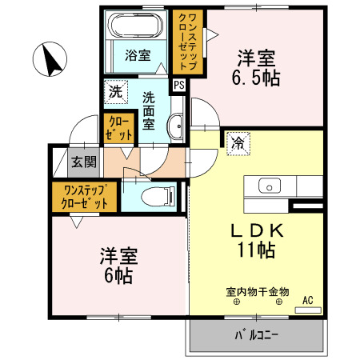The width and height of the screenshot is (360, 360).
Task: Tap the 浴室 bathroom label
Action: click(138, 55)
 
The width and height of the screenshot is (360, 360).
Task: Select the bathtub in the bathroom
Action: click(137, 27)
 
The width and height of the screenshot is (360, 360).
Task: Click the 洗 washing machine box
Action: click(117, 91)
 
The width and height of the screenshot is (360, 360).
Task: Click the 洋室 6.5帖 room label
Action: click(256, 69)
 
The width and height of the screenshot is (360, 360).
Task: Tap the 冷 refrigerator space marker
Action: click(238, 144)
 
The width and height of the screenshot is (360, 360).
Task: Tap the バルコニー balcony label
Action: click(256, 335)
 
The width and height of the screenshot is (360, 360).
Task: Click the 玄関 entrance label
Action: click(83, 162)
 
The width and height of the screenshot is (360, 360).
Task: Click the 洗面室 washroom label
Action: click(150, 111)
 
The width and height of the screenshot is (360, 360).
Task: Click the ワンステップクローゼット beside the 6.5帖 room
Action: click(189, 42)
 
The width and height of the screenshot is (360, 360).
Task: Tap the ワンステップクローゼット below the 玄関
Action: click(85, 197)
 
